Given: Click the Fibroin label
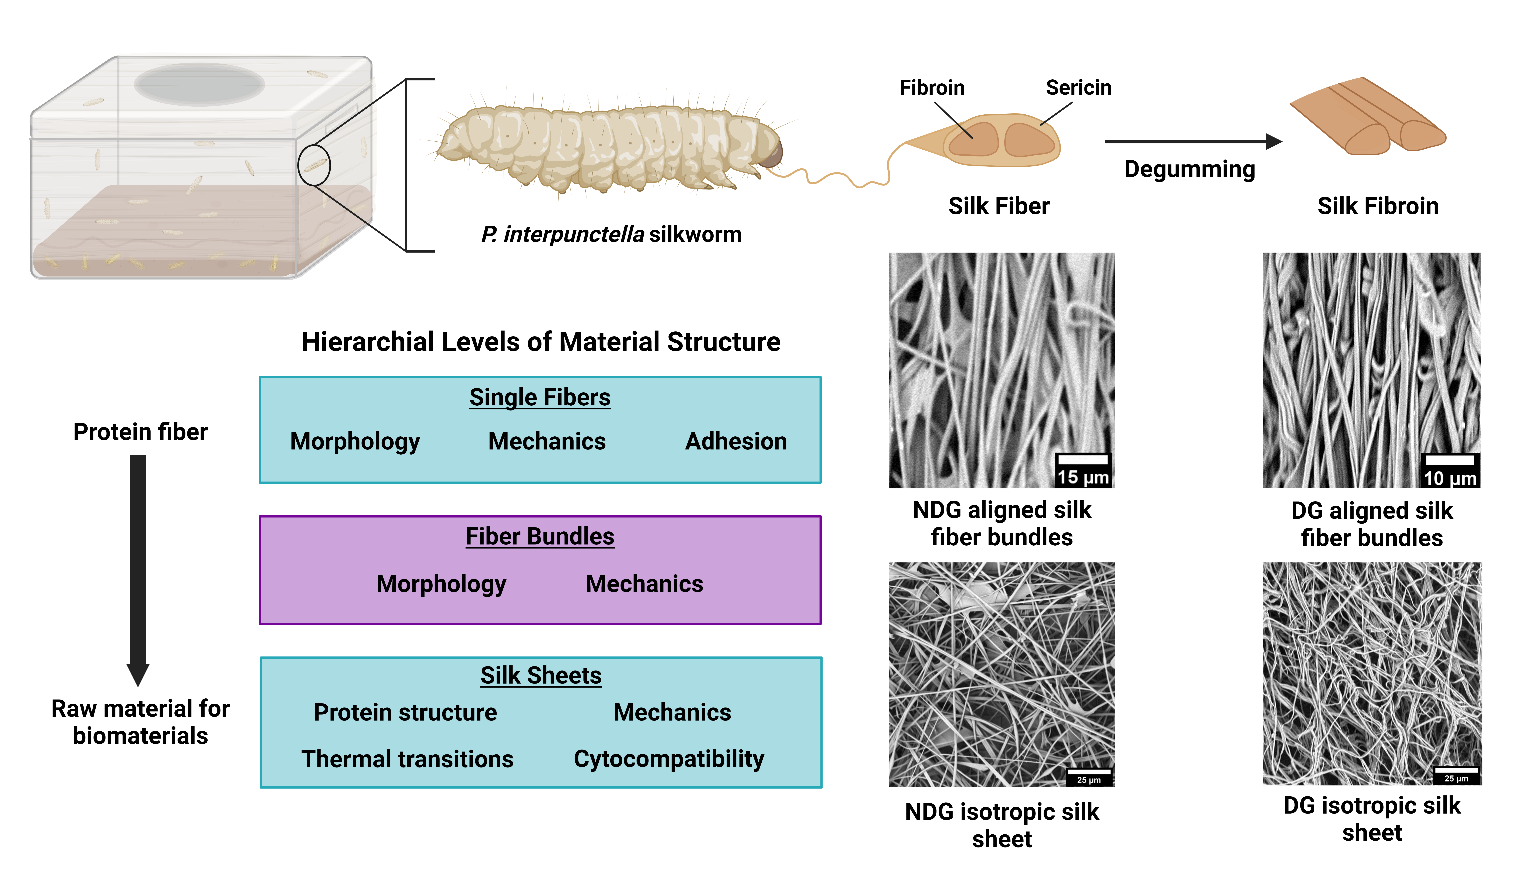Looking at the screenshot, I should [932, 88].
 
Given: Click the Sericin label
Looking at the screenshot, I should [1079, 88].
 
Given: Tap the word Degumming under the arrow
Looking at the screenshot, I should [1189, 169].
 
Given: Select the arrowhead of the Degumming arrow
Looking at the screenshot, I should [1273, 142].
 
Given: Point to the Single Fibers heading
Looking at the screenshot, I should [540, 398].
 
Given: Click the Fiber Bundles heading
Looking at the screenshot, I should [540, 537].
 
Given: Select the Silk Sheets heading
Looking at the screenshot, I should [541, 675].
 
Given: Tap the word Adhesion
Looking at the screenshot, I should [736, 442].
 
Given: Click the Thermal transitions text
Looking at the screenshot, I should [407, 759].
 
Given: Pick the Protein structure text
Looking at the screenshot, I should [405, 712].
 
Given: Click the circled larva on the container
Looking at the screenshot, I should [314, 165].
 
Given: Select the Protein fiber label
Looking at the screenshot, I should [140, 432].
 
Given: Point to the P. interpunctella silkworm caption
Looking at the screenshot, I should [611, 234].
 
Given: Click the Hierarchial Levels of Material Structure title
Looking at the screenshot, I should [541, 342].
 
